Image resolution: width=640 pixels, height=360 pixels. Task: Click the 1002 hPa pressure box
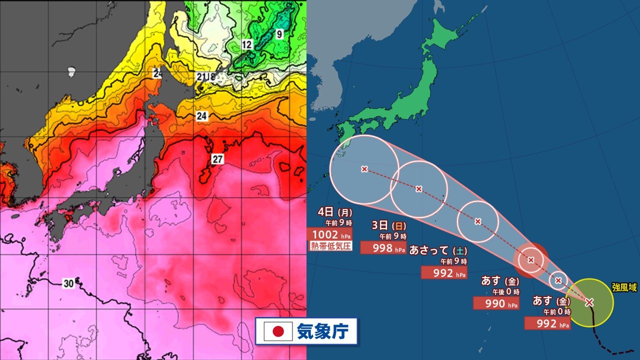point(329,234)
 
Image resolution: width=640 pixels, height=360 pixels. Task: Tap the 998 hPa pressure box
point(383,247)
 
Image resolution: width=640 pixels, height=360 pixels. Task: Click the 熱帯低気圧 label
point(330,245)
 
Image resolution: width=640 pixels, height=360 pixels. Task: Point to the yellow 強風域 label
point(624,287)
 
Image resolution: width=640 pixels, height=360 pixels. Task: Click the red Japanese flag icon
point(278,331)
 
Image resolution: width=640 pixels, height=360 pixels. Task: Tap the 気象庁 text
point(323,331)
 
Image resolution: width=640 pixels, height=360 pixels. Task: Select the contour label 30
point(69,283)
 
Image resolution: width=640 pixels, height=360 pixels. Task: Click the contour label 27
point(217,159)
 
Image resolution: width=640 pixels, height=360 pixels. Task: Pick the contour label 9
point(279,34)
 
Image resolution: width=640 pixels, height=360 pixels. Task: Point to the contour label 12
point(246,45)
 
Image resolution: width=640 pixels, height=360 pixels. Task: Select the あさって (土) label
point(438,250)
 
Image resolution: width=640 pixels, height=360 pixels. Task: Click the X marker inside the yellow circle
point(589,302)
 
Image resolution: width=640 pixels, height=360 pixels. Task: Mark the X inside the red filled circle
point(531,259)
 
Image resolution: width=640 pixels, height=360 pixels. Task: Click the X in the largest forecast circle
point(364,169)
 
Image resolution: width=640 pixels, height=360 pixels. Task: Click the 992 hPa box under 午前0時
point(547,323)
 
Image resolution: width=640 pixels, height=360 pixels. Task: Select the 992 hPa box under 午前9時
point(444,272)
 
